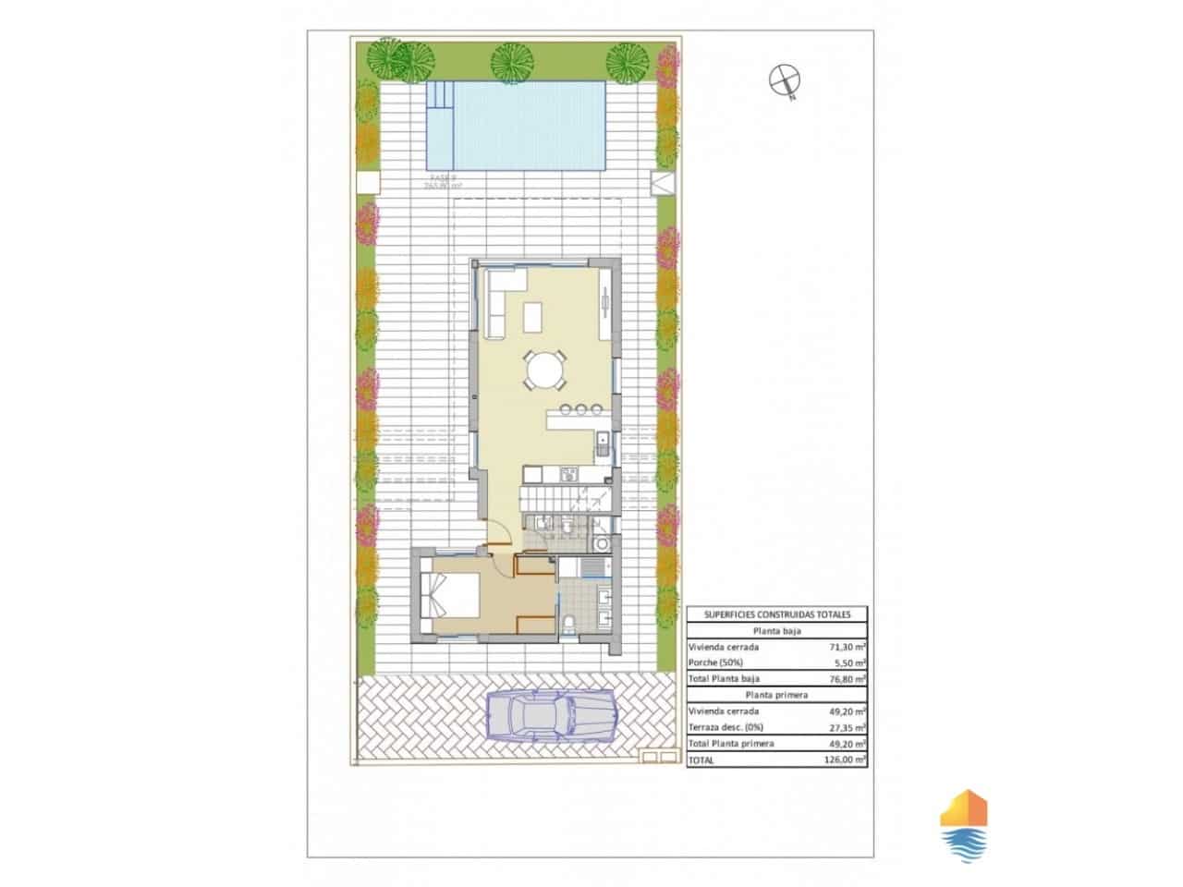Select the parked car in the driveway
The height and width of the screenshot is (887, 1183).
tap(552, 716)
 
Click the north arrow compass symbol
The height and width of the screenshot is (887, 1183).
tap(784, 80)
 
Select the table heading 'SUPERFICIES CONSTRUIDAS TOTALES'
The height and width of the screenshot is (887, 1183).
tap(776, 614)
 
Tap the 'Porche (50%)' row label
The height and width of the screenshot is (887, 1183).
tap(717, 663)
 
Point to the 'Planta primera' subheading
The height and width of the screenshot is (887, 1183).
tap(776, 695)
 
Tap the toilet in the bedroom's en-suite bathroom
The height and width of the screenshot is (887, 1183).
tap(571, 621)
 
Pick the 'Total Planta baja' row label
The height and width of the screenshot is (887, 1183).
tap(726, 679)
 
